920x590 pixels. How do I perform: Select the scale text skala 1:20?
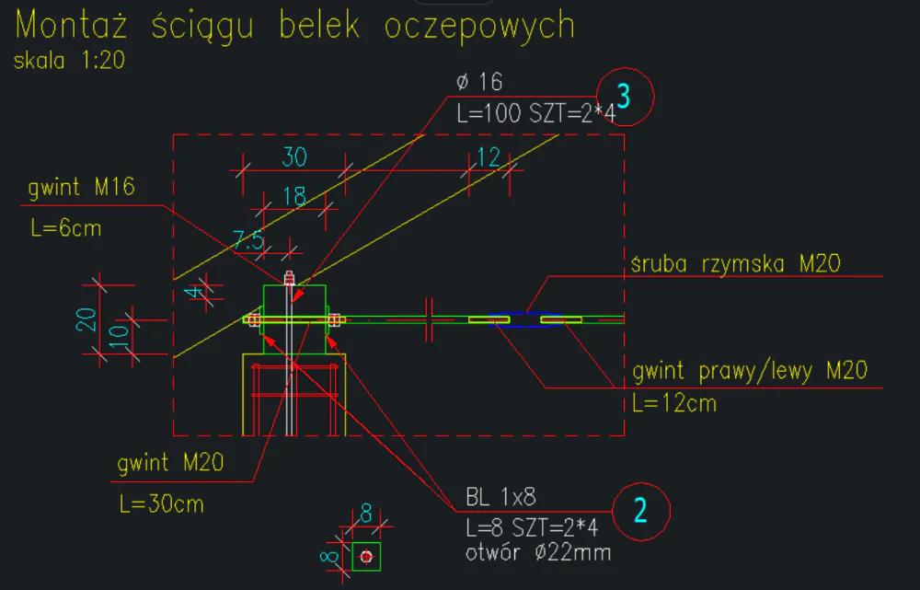click(x=69, y=61)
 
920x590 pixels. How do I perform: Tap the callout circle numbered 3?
click(x=625, y=96)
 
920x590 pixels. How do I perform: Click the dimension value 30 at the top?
click(x=293, y=157)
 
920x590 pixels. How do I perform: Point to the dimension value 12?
click(x=489, y=157)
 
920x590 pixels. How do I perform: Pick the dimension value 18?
click(x=294, y=196)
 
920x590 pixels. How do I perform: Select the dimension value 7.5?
click(x=247, y=241)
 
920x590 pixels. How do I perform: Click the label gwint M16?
click(x=81, y=189)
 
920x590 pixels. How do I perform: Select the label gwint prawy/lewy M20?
click(x=751, y=372)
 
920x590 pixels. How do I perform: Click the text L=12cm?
click(x=674, y=403)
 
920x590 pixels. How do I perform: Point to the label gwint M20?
click(x=171, y=464)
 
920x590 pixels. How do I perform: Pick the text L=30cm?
click(x=161, y=503)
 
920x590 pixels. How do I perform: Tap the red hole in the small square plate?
click(x=366, y=557)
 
